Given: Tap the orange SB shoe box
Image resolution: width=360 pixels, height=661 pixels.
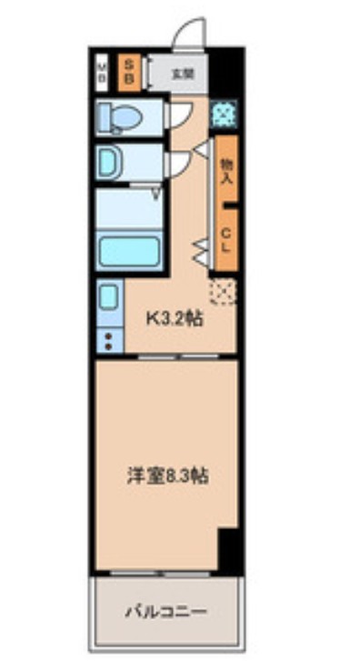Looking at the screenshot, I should point(129,72).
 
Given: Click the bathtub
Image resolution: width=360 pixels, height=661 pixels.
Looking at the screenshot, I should point(129,251).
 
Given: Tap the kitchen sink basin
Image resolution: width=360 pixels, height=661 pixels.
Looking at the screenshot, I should point(108,299).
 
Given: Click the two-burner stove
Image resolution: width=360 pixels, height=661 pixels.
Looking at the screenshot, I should point(108,342).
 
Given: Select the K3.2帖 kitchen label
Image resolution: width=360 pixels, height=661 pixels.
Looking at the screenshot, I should point(175,319).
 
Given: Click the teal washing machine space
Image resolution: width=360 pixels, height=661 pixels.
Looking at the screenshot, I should point(223,114).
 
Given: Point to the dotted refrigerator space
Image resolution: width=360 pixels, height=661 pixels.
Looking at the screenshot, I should point(223,291).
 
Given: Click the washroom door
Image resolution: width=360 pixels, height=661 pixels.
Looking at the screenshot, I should point(175,165).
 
